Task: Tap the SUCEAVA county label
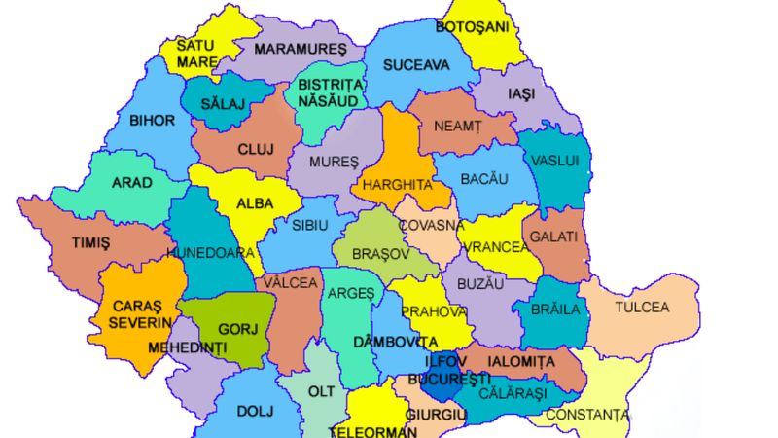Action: [417, 65]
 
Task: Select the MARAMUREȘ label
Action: [300, 49]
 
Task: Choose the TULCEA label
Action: [642, 308]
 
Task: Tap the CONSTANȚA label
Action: [586, 415]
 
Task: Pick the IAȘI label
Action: [521, 94]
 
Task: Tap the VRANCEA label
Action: [497, 247]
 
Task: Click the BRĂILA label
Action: [561, 310]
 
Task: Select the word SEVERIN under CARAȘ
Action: [140, 322]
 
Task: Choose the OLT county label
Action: [321, 390]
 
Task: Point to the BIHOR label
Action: [152, 121]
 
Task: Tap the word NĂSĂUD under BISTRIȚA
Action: [330, 99]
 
